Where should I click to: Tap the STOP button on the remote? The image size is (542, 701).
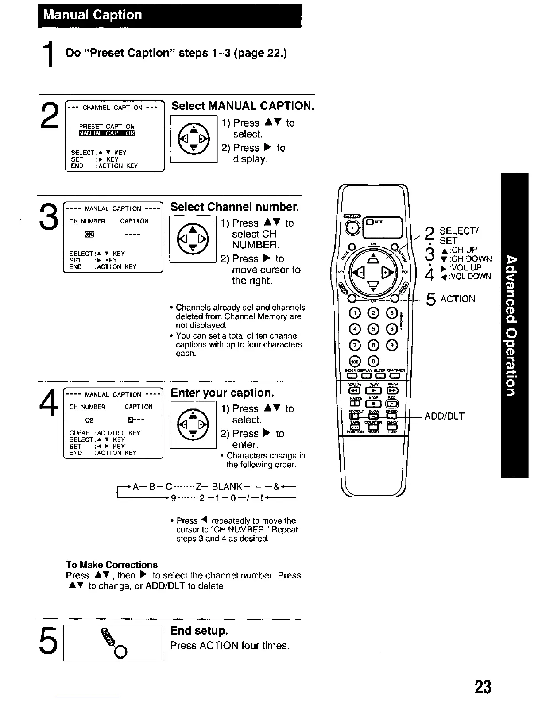[375, 404]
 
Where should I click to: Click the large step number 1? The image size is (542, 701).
[52, 54]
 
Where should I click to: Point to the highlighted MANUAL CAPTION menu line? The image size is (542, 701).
[107, 133]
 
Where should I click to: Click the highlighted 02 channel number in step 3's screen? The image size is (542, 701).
[89, 234]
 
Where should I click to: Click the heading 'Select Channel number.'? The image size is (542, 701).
[235, 207]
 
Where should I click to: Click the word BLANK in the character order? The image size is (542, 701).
[227, 487]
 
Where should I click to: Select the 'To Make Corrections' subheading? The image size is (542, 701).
[112, 565]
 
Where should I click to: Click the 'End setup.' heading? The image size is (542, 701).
[199, 630]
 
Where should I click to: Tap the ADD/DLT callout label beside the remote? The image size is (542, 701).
[445, 416]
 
